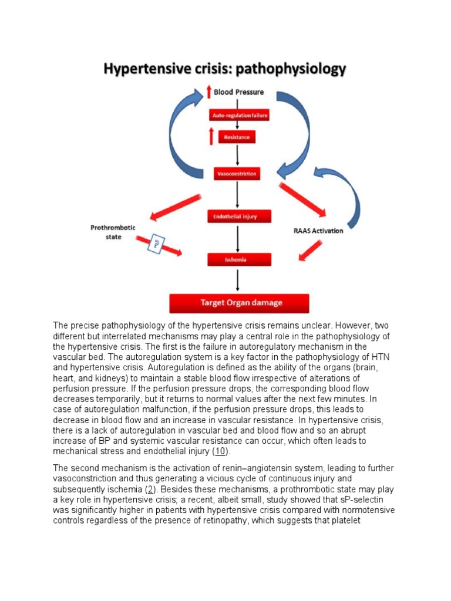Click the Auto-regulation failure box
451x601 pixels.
tap(238, 116)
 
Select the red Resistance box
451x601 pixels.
tap(237, 137)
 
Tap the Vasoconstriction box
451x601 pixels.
tap(237, 174)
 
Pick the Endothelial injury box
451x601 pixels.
tap(239, 217)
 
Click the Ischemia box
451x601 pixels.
tap(239, 259)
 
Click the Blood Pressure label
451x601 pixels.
tap(238, 92)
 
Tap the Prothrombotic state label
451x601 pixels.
tap(106, 231)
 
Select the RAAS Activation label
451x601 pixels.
tap(318, 231)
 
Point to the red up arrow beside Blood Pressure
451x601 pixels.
tap(208, 92)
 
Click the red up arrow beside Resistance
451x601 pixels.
tap(210, 137)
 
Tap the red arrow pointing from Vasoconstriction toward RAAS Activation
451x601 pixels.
tap(302, 200)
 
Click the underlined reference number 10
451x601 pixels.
tap(220, 451)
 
